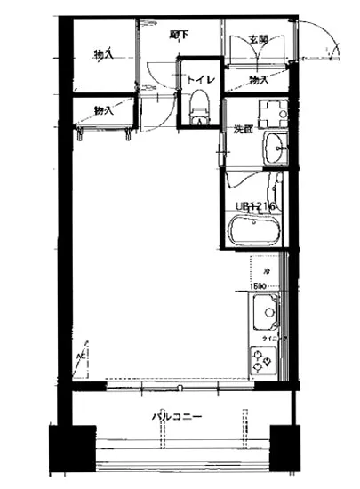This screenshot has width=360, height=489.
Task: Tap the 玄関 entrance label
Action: coord(258,39)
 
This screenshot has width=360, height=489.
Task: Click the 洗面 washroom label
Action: coord(244,130)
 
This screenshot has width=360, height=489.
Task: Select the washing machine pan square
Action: coord(270,113)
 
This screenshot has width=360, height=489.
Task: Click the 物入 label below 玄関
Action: coord(259,80)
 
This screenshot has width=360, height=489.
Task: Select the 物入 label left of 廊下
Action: coord(103,55)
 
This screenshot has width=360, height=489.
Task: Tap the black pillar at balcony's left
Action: coord(71,453)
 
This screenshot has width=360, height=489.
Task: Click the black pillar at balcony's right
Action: coord(287,453)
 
